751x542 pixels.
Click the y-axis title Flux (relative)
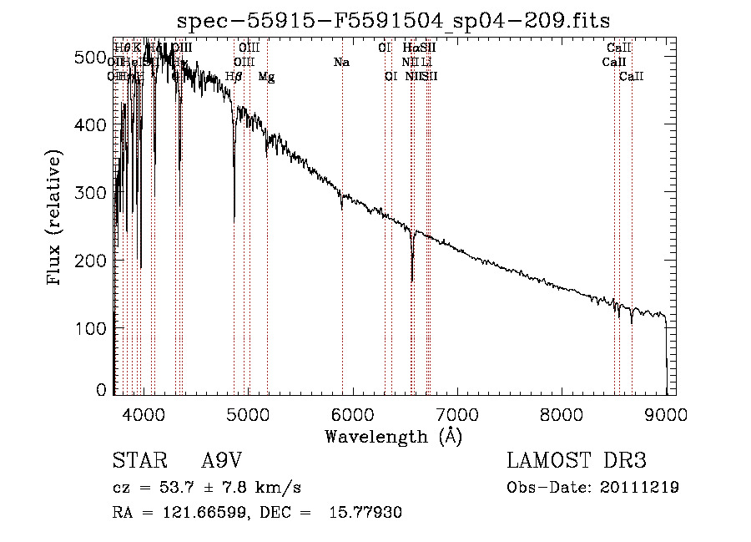[x=55, y=219]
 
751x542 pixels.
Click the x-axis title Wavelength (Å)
[x=393, y=436]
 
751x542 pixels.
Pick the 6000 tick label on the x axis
[x=353, y=413]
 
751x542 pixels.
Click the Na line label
[x=340, y=62]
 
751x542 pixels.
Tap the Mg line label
[x=266, y=77]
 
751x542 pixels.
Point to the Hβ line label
[x=234, y=77]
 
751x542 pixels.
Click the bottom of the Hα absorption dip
[x=412, y=281]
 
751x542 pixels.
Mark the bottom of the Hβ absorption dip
[x=234, y=219]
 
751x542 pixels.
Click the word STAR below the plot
[x=138, y=461]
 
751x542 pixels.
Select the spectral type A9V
[x=220, y=461]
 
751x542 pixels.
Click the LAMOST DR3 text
[x=577, y=461]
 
